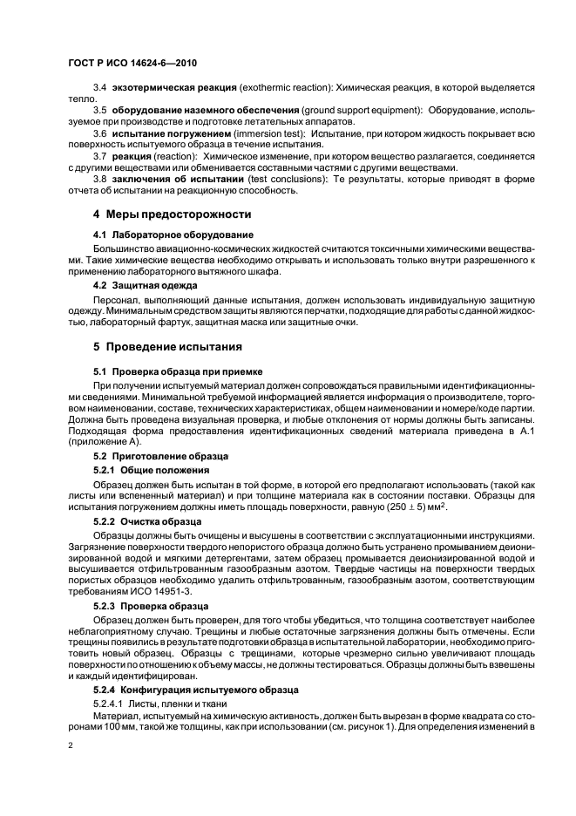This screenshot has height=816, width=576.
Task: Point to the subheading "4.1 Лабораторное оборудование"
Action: tap(173, 235)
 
